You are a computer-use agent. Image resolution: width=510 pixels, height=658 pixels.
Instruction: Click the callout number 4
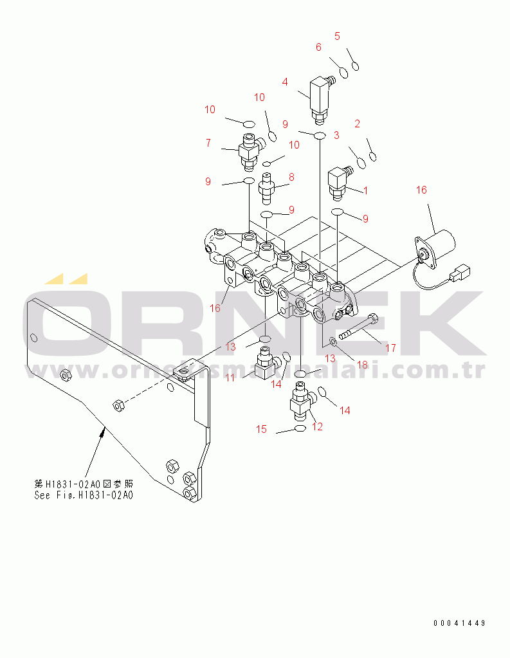point(285,82)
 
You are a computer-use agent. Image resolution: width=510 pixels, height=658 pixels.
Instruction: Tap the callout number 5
point(337,36)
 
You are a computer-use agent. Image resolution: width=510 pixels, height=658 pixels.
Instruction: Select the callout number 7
point(208,143)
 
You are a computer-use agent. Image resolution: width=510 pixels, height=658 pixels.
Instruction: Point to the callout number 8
point(291,177)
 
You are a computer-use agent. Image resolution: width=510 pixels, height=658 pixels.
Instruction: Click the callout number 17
point(390,348)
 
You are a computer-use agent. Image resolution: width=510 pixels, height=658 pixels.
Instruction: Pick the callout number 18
point(362,365)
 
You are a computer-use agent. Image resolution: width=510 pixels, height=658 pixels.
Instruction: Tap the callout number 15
point(262,430)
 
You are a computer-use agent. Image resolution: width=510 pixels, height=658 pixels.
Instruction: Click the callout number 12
point(317,426)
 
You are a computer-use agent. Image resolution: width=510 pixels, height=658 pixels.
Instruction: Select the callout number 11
point(230,379)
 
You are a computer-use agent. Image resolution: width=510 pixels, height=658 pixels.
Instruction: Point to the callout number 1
point(365,190)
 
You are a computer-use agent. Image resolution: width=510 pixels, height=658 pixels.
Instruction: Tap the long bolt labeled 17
point(358,327)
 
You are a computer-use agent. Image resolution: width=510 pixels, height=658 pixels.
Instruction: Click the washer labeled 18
point(331,340)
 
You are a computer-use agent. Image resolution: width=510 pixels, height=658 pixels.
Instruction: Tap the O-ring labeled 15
point(300,428)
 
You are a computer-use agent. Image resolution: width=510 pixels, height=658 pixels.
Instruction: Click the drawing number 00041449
point(459,623)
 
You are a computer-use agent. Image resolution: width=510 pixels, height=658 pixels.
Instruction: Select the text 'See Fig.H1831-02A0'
point(84,495)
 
